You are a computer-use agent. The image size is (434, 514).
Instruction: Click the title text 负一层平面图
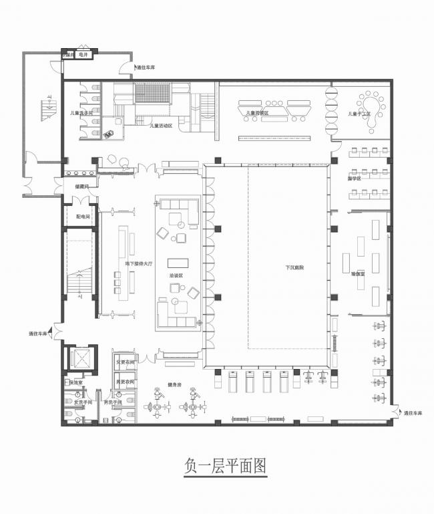224,466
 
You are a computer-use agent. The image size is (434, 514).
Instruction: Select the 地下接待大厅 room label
139,265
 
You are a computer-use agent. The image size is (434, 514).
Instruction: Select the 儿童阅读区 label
257,114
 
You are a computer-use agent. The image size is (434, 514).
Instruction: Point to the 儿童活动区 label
161,125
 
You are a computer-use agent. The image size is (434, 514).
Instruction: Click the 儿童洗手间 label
81,113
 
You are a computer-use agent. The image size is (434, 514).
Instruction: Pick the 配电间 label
73,217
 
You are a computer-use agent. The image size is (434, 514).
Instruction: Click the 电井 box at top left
83,55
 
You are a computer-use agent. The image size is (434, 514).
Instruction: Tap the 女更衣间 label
126,362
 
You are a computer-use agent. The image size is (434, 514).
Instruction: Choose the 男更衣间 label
126,382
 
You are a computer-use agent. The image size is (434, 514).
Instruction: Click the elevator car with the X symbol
81,358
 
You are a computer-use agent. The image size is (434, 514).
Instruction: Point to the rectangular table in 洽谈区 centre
178,262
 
